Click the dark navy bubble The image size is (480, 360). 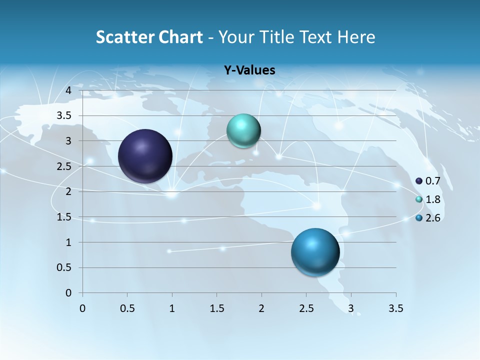pos(145,156)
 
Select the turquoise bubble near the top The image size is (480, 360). pos(243,131)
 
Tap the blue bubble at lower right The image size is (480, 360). pos(315,251)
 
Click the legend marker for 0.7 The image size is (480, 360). pos(419,181)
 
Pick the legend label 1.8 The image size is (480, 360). pos(433,199)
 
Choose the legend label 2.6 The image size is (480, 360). pos(433,218)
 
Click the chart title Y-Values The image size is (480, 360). pos(249,70)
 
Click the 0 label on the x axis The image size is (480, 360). pos(83,308)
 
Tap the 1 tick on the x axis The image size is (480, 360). pos(172,308)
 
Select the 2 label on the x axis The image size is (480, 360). pos(261,308)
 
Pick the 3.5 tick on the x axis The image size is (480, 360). pos(395,308)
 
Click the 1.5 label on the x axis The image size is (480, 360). pos(216,308)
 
